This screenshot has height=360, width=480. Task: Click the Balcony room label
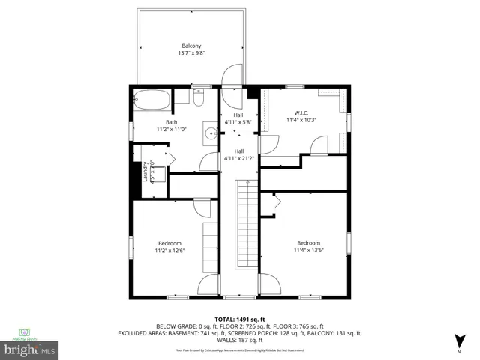(190, 46)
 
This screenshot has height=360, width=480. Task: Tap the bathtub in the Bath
(151, 97)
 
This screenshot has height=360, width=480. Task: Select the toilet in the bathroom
(197, 97)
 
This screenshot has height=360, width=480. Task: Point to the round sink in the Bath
(211, 134)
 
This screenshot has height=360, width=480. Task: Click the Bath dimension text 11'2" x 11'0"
(171, 130)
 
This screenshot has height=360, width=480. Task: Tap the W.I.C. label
(301, 112)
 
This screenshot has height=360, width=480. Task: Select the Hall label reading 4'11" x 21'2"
(238, 154)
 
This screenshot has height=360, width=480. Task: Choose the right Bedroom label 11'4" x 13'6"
(308, 247)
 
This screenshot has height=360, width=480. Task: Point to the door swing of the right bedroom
(269, 284)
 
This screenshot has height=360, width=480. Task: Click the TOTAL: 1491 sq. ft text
(240, 319)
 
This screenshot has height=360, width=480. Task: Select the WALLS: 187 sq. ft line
(240, 340)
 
